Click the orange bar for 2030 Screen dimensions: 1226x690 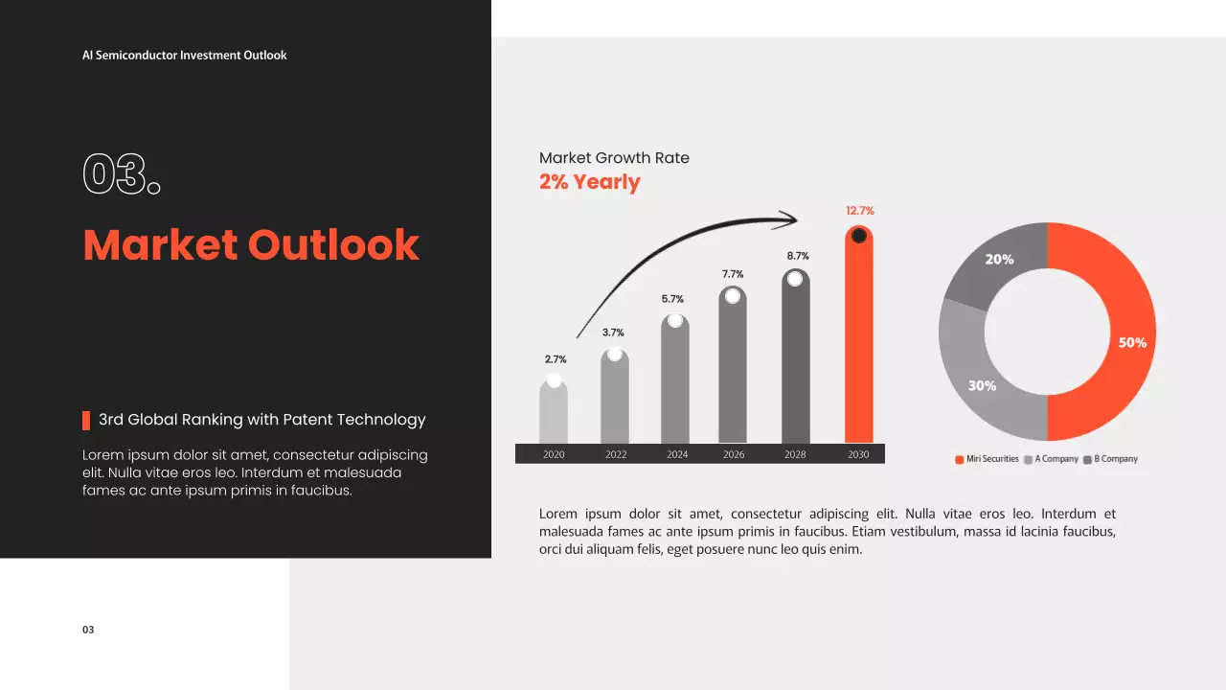tap(859, 334)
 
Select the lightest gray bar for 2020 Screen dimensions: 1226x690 tap(554, 411)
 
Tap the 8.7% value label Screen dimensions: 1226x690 tap(798, 256)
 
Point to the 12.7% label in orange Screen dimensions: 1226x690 tap(860, 211)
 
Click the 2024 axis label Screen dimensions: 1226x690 tap(677, 454)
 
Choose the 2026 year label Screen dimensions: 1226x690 tap(734, 454)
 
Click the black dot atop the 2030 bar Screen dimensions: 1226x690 tap(859, 236)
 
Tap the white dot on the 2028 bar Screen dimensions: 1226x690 tap(795, 279)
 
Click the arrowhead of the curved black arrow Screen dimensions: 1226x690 tap(788, 219)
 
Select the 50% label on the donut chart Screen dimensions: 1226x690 tap(1132, 343)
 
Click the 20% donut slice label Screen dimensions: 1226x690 tap(999, 260)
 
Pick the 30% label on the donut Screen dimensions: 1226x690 tap(982, 386)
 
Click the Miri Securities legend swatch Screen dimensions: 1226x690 tap(959, 459)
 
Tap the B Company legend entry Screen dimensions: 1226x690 tap(1110, 459)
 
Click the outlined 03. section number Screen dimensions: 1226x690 tap(122, 174)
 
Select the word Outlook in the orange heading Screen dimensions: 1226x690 tap(333, 244)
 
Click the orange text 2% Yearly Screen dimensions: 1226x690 tap(589, 182)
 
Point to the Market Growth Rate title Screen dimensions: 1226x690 tap(614, 158)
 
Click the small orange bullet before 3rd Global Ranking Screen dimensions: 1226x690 tap(86, 421)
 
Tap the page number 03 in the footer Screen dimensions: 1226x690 tap(88, 630)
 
